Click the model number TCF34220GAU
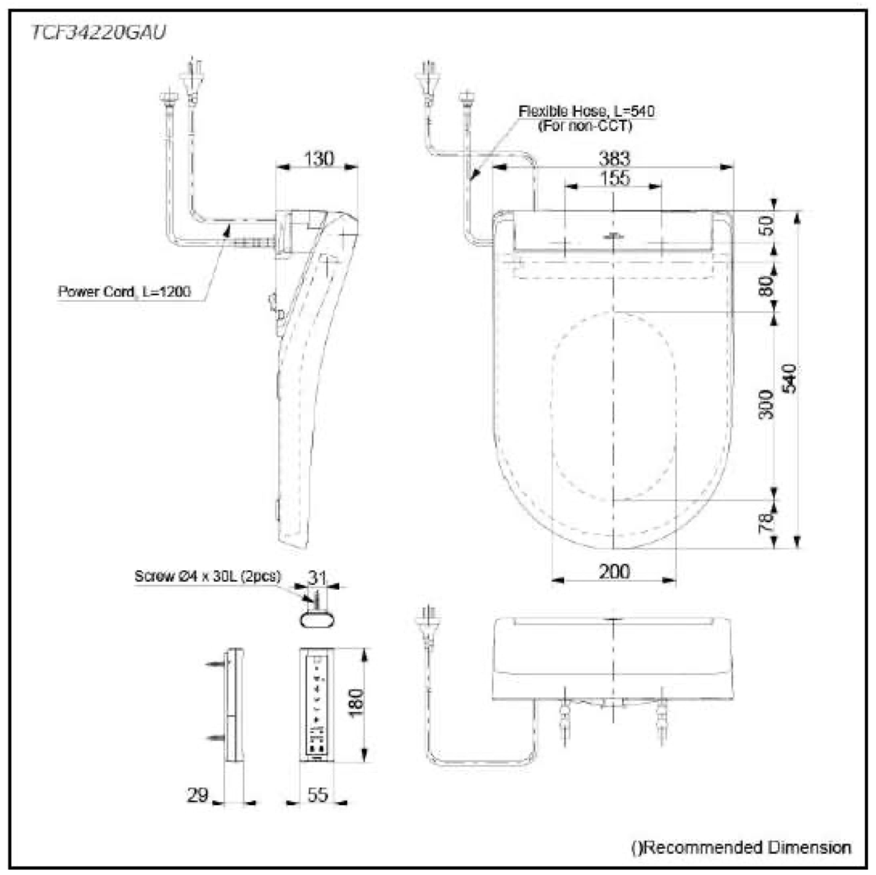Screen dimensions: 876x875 (98, 32)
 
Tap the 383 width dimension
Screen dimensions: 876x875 (614, 158)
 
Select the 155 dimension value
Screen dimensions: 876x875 (614, 178)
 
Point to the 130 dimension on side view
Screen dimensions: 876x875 (318, 158)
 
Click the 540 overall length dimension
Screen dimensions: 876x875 (789, 378)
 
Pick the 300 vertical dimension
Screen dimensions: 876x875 (766, 405)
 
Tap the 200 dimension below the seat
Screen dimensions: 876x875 (614, 572)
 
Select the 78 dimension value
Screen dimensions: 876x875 (766, 522)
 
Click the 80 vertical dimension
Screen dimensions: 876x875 (766, 285)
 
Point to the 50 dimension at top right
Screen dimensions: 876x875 (766, 225)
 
